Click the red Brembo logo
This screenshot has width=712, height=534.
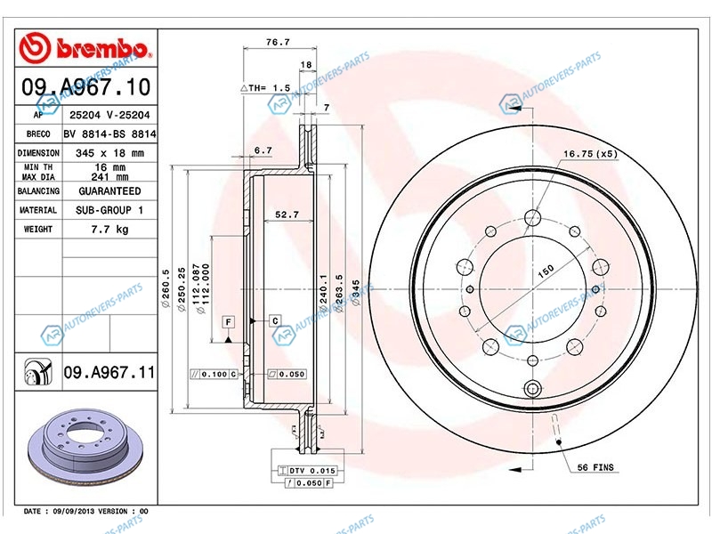[x=85, y=48]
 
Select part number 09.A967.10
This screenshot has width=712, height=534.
[x=85, y=86]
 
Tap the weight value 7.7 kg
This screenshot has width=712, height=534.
[x=109, y=230]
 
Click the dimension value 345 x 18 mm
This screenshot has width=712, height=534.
[x=109, y=153]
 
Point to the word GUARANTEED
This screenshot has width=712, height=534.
[x=109, y=191]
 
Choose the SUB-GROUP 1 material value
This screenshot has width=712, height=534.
[x=109, y=210]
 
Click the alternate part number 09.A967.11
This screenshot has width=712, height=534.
[x=109, y=372]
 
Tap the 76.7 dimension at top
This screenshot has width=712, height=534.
[x=278, y=42]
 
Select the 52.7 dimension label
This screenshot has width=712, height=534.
[x=287, y=214]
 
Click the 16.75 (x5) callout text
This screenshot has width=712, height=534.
[x=591, y=154]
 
